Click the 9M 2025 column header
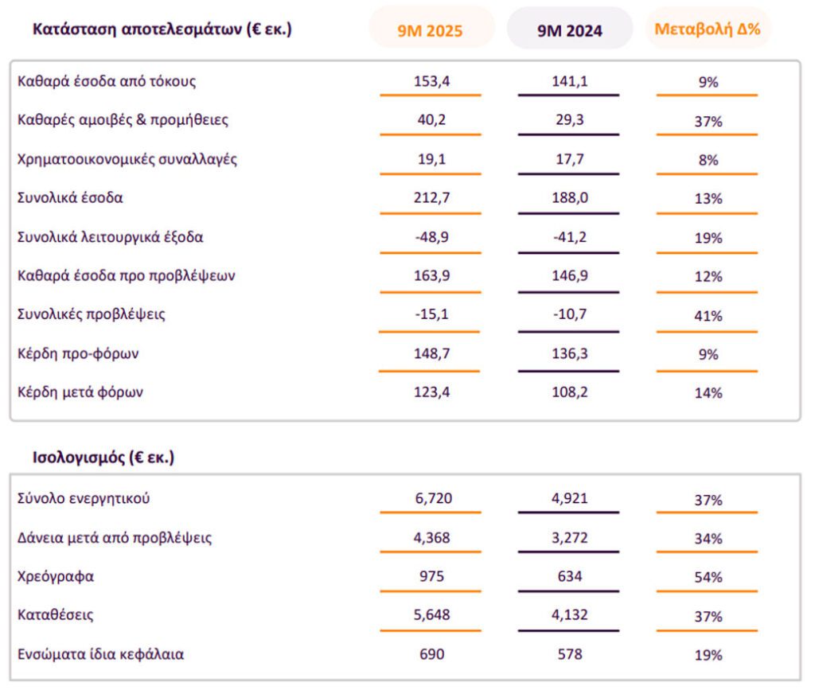(x=430, y=31)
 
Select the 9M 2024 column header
(x=569, y=31)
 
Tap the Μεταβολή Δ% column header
(x=707, y=30)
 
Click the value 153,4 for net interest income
(x=431, y=81)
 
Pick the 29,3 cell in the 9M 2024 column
(x=569, y=120)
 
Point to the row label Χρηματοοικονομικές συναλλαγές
(x=127, y=159)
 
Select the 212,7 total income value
(x=431, y=198)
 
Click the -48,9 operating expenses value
(x=431, y=237)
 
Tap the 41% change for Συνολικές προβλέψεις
(x=708, y=316)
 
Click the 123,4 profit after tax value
(x=431, y=392)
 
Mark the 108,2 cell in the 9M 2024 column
(x=569, y=392)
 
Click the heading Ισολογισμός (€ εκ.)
(x=103, y=458)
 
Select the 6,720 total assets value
(x=431, y=499)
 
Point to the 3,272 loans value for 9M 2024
(x=569, y=538)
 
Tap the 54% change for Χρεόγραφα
(x=708, y=577)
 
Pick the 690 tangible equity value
(x=431, y=654)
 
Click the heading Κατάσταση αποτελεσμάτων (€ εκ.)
(x=162, y=29)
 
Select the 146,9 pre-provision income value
(x=569, y=276)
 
